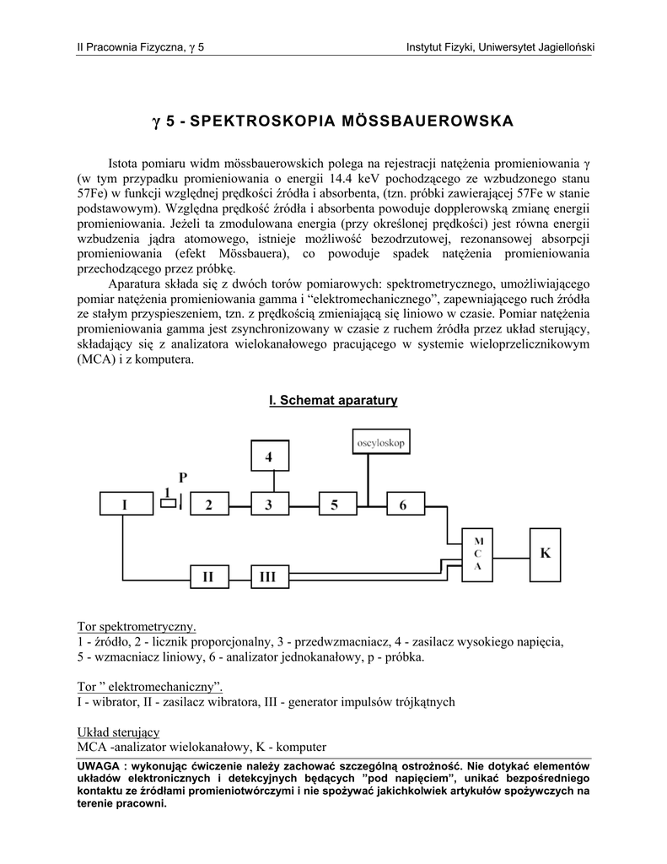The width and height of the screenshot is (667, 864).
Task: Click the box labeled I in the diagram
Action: [x=124, y=505]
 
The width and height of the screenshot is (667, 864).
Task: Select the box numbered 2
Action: [x=209, y=505]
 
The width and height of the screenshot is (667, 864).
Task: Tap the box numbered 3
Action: [x=270, y=505]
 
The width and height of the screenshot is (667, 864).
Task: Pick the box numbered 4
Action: [x=270, y=457]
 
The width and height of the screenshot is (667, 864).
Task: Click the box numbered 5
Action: [x=335, y=505]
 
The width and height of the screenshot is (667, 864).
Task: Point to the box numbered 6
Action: [x=402, y=505]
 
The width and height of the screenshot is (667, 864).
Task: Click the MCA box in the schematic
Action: [x=477, y=553]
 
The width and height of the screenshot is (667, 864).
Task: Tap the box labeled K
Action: [x=545, y=553]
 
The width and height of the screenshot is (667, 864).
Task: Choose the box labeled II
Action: [x=209, y=576]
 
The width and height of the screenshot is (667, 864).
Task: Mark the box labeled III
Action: [x=269, y=576]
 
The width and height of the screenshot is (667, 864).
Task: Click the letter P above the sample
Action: [x=182, y=478]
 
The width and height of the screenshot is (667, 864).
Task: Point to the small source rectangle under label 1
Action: [x=168, y=504]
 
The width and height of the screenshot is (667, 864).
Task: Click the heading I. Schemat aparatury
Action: [x=333, y=400]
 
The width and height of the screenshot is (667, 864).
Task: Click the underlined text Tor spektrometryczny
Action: [x=136, y=627]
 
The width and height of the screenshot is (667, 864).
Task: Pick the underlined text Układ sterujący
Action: [x=118, y=732]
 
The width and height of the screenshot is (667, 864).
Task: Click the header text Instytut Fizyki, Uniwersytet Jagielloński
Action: [x=500, y=46]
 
